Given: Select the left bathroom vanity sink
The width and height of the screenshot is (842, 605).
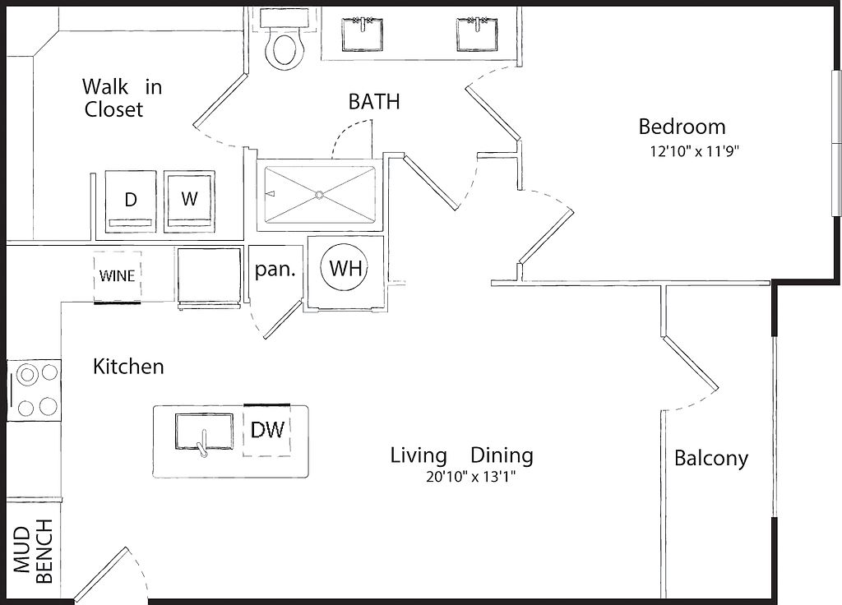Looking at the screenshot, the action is click(363, 35).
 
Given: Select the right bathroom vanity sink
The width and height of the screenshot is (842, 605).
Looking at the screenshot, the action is click(478, 35).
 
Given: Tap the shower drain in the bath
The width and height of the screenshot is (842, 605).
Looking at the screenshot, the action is click(320, 194).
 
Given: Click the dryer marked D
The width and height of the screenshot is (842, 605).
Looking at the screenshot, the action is click(131, 201).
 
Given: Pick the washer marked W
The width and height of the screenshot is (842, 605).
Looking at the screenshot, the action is click(190, 201).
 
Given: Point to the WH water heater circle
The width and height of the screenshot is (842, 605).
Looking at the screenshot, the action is click(345, 268).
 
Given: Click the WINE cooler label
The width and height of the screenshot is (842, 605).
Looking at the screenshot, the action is click(117, 276).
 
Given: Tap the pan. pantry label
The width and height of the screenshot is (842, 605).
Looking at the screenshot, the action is click(275, 269).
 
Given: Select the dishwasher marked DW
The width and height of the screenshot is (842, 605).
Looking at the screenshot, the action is click(267, 430).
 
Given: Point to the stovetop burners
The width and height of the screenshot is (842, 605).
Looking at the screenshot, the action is click(34, 390).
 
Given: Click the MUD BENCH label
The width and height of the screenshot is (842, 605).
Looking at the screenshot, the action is click(33, 551).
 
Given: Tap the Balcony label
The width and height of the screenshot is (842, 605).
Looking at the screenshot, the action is click(711, 459).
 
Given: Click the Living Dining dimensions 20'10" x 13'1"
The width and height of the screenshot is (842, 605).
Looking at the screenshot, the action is click(471, 477).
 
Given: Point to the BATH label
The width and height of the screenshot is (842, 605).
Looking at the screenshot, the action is click(374, 101).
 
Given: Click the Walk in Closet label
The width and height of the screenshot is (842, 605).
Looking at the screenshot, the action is click(122, 98).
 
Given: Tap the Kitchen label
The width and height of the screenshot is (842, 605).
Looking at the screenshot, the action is click(128, 367).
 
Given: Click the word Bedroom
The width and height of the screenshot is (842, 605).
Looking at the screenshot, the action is click(682, 127).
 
